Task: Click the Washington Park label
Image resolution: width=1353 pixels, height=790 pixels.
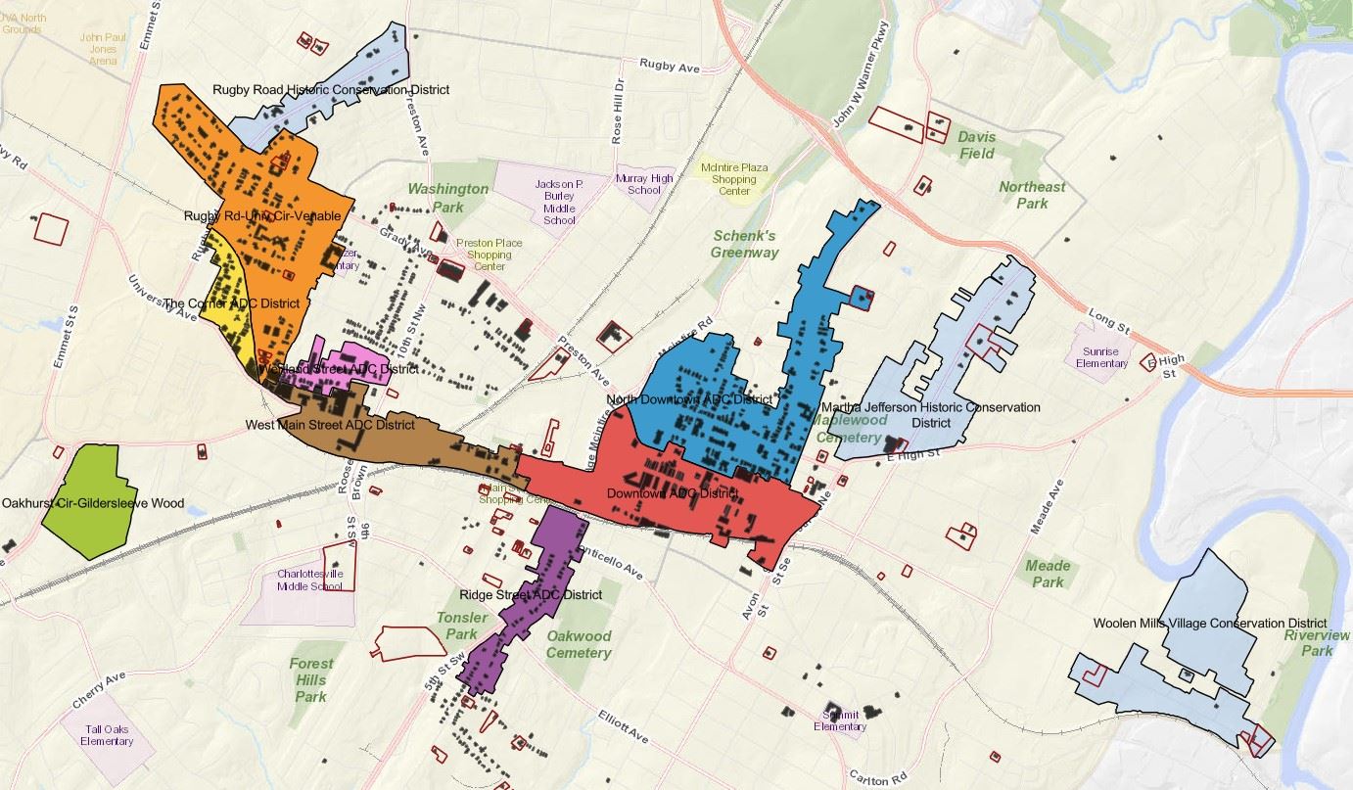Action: (x=447, y=198)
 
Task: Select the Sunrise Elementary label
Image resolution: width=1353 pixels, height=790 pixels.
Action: (x=1101, y=357)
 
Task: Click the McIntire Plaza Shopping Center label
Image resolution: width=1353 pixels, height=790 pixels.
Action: (x=734, y=179)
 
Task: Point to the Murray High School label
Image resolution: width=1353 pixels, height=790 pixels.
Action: (x=644, y=184)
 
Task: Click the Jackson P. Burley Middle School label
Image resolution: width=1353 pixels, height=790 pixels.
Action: (x=559, y=202)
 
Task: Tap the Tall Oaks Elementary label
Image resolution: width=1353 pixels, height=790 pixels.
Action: (x=107, y=735)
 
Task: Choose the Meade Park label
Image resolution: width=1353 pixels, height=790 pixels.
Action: (x=1048, y=574)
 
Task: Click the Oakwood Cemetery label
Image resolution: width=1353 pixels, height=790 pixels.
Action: (x=579, y=645)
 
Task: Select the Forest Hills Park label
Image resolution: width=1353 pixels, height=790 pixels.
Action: (x=310, y=679)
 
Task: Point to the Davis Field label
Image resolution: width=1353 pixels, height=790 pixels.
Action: (x=976, y=145)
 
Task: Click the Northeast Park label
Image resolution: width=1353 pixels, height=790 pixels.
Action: (x=1032, y=195)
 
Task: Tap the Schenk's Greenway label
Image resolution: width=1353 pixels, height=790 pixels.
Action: (x=745, y=244)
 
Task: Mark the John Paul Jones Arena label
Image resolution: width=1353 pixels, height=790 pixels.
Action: (x=104, y=49)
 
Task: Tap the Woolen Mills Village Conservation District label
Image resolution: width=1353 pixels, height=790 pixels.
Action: (x=1210, y=623)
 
